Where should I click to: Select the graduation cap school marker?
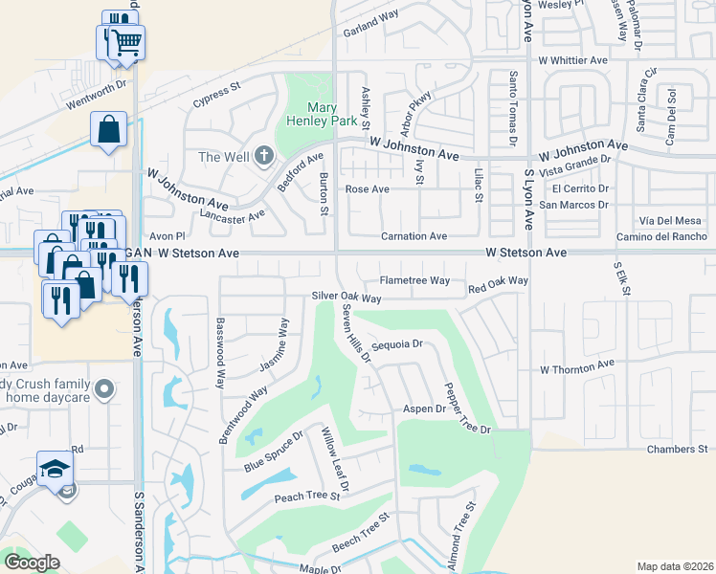coord(56,468)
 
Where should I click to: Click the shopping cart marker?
coord(125,41)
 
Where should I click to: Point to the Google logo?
coord(32,563)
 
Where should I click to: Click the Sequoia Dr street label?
coord(396,344)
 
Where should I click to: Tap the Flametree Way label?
coord(414,280)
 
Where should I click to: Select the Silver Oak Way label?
coord(347,298)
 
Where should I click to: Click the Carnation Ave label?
coord(414,235)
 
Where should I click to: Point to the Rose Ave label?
coord(367,189)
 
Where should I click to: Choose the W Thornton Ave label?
coord(576,367)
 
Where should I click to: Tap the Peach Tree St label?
coord(307,497)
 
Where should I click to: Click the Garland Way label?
coord(370,16)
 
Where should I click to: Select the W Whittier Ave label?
coord(572,59)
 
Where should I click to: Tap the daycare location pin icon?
coord(105,388)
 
